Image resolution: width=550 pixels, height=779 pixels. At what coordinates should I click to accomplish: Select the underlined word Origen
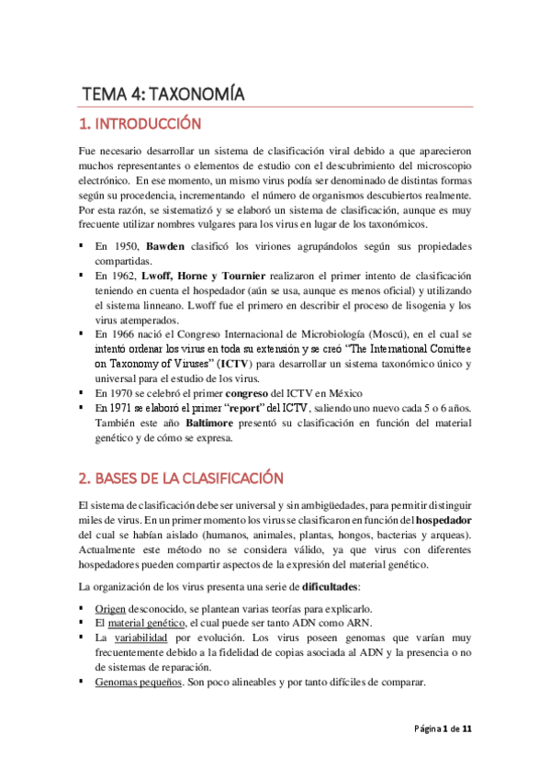[x=113, y=609]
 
